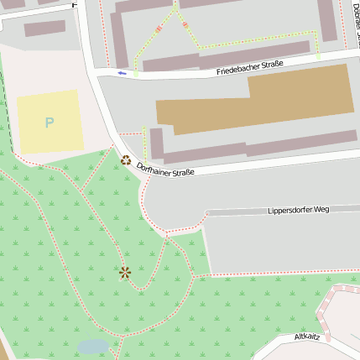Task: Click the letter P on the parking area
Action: (x=49, y=123)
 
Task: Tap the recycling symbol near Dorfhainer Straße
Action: (x=126, y=159)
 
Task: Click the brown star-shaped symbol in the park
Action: (x=125, y=272)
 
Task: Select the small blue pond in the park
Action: (x=92, y=346)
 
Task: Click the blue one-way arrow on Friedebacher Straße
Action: (x=123, y=73)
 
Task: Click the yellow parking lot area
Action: (x=50, y=122)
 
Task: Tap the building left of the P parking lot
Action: (x=44, y=29)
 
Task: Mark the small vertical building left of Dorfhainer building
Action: (x=156, y=143)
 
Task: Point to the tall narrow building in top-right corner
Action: (x=326, y=20)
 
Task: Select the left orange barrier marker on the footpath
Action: (x=159, y=31)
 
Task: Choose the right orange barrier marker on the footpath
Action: (x=185, y=24)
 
